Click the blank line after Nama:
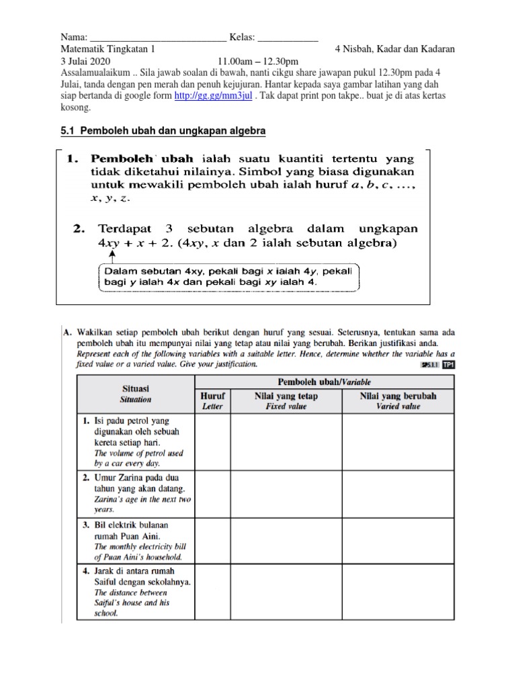coord(158,36)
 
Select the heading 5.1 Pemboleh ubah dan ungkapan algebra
coord(163,131)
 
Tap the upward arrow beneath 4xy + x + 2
coord(111,256)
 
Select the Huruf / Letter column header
coord(212,401)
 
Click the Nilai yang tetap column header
coord(286,401)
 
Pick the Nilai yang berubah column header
coord(398,401)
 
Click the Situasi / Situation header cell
coord(136,394)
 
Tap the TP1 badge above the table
coord(447,365)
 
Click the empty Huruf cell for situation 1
coord(212,442)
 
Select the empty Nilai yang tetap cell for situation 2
coord(286,493)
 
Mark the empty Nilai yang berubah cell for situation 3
coord(398,540)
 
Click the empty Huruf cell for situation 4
coord(212,592)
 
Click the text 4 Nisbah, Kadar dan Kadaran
coord(394,49)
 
